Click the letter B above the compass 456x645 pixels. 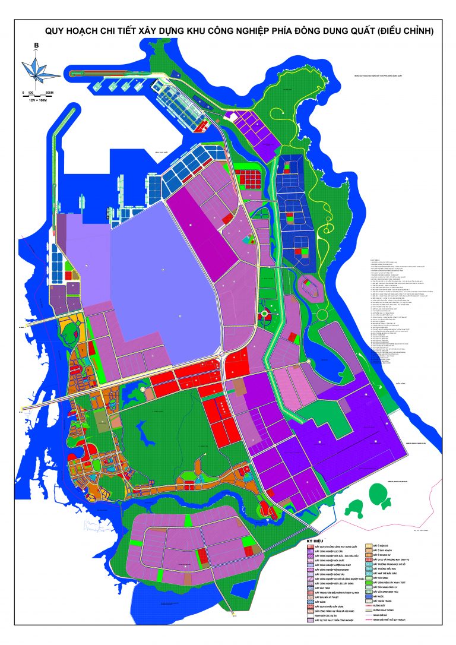37,46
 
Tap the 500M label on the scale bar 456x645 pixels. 50,93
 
